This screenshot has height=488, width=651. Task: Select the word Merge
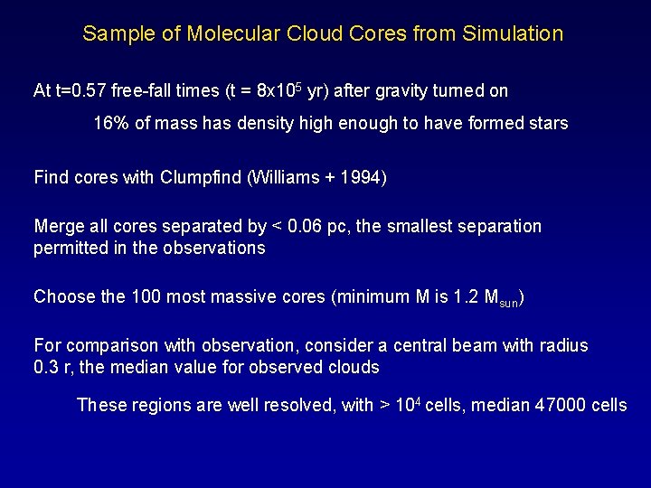click(x=57, y=226)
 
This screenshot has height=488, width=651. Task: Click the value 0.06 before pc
click(x=308, y=226)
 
